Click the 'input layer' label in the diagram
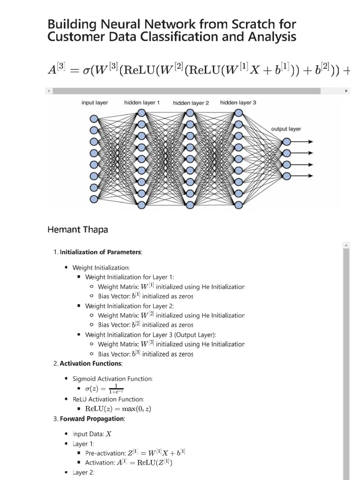pyautogui.click(x=95, y=103)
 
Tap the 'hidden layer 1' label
pyautogui.click(x=142, y=102)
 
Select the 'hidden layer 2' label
pyautogui.click(x=191, y=103)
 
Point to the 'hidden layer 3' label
pyautogui.click(x=238, y=102)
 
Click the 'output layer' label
pyautogui.click(x=286, y=128)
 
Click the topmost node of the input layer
pyautogui.click(x=94, y=119)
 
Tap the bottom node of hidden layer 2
pyautogui.click(x=190, y=204)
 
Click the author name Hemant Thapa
pyautogui.click(x=78, y=230)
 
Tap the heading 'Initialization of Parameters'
pyautogui.click(x=101, y=252)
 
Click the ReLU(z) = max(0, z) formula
pyautogui.click(x=118, y=408)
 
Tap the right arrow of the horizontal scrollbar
pyautogui.click(x=346, y=90)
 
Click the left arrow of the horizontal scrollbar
pyautogui.click(x=49, y=90)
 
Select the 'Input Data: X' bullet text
pyautogui.click(x=92, y=434)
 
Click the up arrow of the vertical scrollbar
pyautogui.click(x=346, y=245)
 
